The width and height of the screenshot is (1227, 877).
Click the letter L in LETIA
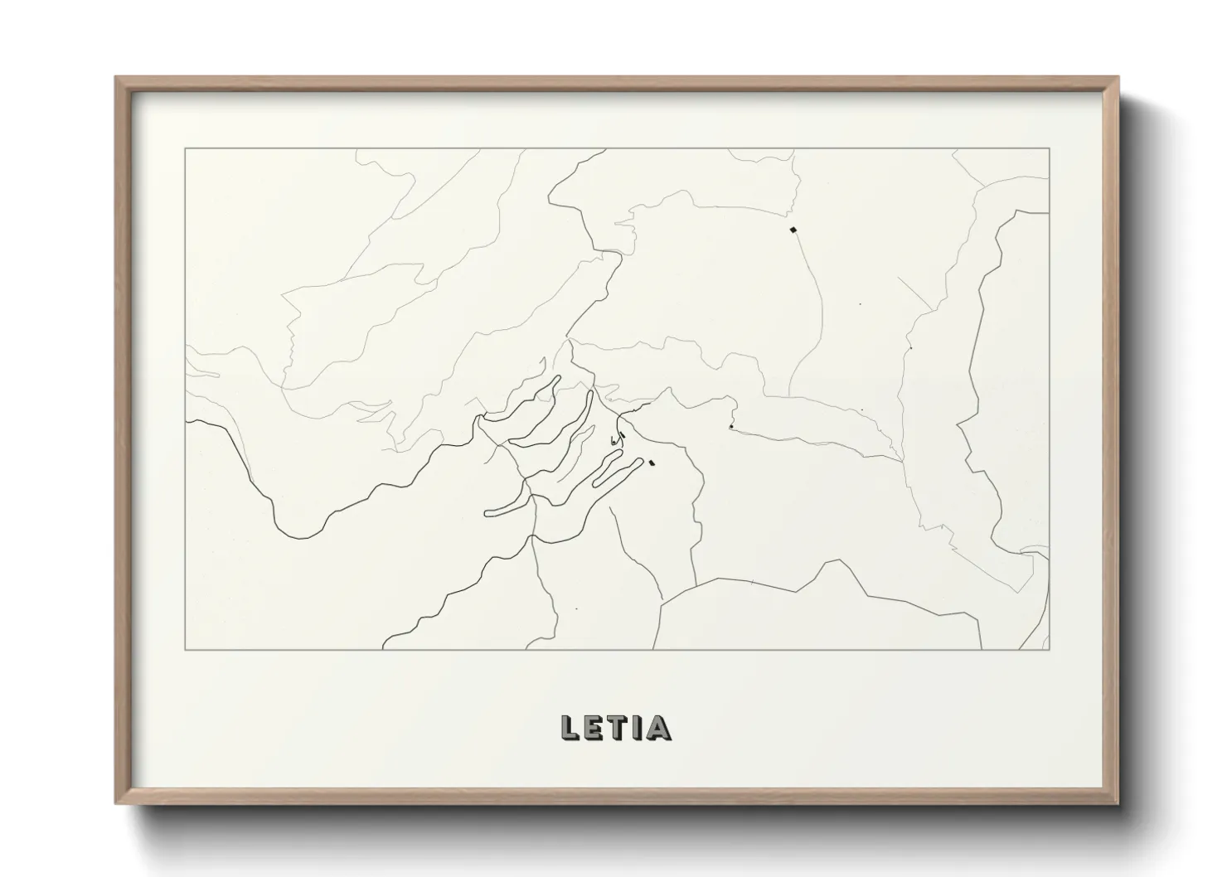tap(570, 727)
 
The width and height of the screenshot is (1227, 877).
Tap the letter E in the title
tap(594, 727)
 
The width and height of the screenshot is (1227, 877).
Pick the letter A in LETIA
tap(658, 727)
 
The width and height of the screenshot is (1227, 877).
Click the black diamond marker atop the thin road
tap(793, 229)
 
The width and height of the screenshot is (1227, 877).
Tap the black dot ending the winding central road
tap(730, 427)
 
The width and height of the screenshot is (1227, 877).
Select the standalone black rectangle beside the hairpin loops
tap(652, 463)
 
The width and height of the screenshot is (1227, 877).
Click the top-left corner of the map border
tap(186, 148)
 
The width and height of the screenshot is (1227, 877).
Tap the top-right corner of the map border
tap(1050, 148)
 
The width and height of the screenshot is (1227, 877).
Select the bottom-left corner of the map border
tap(186, 650)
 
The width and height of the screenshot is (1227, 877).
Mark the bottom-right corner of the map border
tap(1050, 650)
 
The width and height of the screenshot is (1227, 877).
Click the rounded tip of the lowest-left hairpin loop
tap(487, 513)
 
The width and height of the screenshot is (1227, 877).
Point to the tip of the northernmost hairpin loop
tap(558, 378)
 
